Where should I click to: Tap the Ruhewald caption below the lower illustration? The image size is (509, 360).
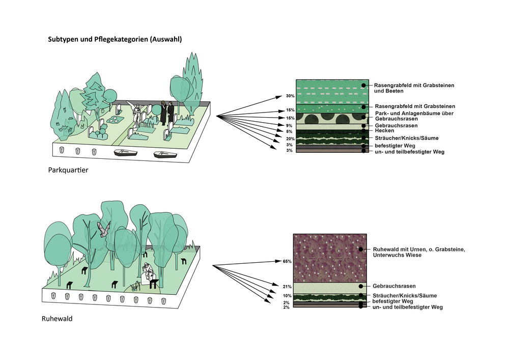[56, 319]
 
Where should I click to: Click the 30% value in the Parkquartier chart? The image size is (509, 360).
[290, 96]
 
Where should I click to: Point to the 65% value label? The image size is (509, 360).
[287, 261]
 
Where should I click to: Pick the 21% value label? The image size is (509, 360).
[287, 287]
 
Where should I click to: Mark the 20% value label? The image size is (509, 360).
[290, 139]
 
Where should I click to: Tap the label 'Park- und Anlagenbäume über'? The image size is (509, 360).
[413, 113]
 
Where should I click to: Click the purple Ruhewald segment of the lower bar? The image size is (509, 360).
[329, 257]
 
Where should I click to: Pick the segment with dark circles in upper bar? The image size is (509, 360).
[329, 118]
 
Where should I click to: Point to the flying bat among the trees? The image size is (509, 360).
[103, 230]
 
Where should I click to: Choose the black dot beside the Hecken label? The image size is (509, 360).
[363, 131]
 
